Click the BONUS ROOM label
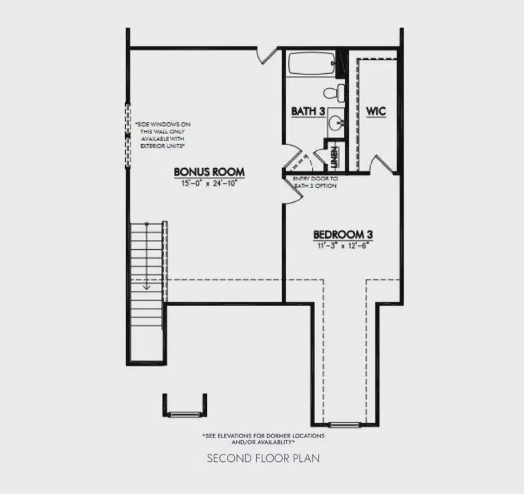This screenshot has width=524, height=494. point(209,171)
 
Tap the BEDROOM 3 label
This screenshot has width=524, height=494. point(343,235)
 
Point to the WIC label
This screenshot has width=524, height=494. point(375,111)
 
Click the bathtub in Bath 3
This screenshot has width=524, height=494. point(311,64)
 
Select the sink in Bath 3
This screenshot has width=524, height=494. point(336,122)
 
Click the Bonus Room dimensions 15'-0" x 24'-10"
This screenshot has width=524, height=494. point(209,184)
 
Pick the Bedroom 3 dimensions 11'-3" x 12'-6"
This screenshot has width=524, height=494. point(343,246)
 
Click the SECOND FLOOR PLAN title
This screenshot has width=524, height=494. point(263,458)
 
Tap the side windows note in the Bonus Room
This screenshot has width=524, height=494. point(163,135)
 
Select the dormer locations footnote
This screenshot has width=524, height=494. point(263,439)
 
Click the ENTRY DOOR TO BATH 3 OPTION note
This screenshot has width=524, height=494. point(315,182)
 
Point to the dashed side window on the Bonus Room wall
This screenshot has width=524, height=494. point(128,135)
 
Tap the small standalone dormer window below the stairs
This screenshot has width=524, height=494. point(185,414)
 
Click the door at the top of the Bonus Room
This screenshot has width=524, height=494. point(267,55)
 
